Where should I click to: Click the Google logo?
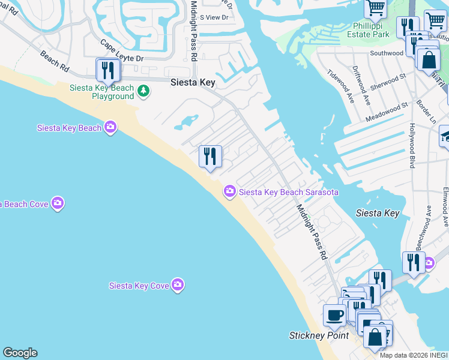pos(20,353)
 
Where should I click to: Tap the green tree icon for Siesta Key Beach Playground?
pos(143,91)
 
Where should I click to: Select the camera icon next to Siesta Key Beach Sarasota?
pos(229,192)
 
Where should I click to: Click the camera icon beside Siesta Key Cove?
pos(177,285)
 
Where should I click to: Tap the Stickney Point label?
pos(319,335)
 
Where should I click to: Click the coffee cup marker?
pos(335,314)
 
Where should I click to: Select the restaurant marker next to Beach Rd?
pos(107,70)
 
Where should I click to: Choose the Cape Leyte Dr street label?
pos(122,51)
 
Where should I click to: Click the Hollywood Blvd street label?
pos(412,146)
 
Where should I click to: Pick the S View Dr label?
pos(214,17)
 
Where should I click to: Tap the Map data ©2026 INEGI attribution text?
pos(414,355)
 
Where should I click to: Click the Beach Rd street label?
pos(54,61)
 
